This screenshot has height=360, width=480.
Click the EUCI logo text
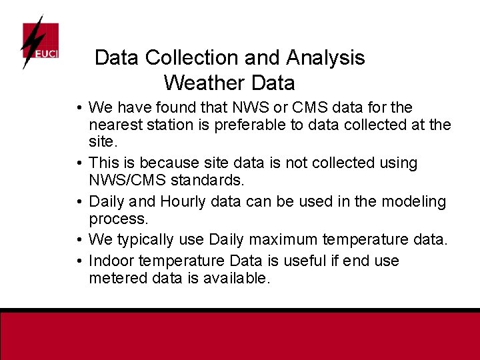[x=47, y=53]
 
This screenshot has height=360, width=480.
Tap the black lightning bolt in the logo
[x=30, y=41]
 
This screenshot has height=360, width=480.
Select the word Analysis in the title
[x=325, y=58]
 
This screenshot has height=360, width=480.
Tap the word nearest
[x=114, y=125]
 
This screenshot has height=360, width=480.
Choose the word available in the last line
[x=236, y=278]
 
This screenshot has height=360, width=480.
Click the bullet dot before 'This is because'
[x=79, y=163]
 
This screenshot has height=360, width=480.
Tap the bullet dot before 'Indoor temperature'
[x=79, y=261]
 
